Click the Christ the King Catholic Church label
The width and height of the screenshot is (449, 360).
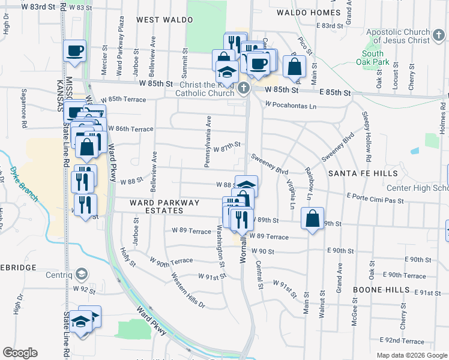pyautogui.click(x=205, y=89)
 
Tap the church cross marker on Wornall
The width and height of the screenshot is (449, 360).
pyautogui.click(x=243, y=89)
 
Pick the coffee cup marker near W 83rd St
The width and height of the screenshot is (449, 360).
pyautogui.click(x=75, y=50)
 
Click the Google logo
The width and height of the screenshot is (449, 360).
pyautogui.click(x=20, y=353)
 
